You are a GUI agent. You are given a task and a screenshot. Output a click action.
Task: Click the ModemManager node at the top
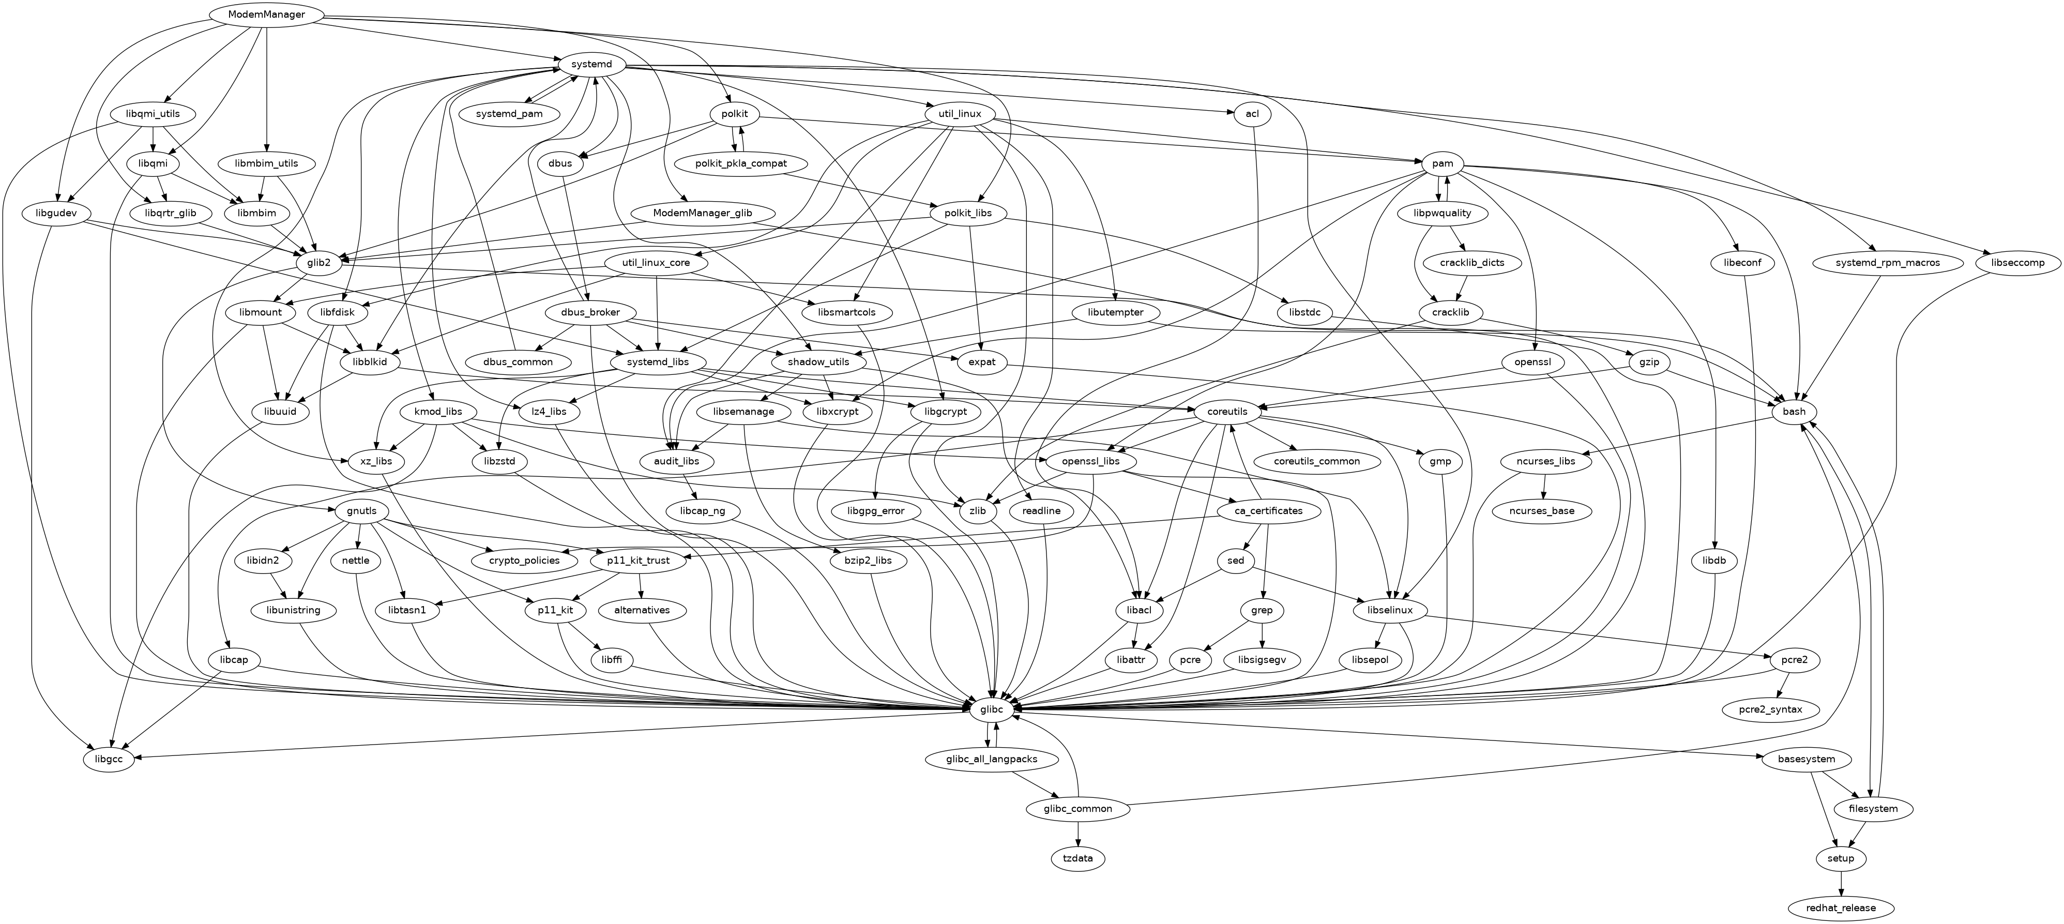coord(266,14)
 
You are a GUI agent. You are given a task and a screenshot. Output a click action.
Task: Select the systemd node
coord(591,64)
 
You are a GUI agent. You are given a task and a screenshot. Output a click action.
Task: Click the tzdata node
coord(1077,858)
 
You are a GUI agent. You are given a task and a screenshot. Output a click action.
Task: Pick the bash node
coord(1794,411)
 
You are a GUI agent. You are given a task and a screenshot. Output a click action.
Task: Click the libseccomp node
coord(2017,263)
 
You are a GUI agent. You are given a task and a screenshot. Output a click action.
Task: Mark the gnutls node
coord(362,510)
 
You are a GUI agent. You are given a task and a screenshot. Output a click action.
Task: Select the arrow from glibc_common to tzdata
coord(1077,834)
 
